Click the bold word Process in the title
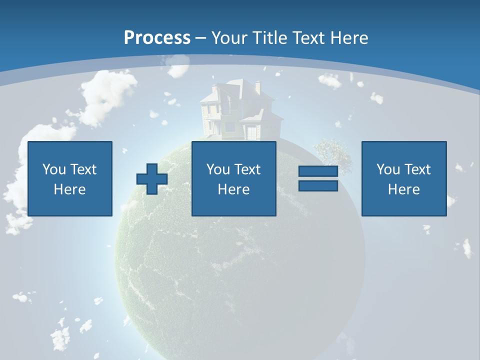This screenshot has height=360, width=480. (x=157, y=38)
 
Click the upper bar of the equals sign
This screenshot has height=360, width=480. (x=318, y=171)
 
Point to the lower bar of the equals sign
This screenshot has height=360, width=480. (x=318, y=186)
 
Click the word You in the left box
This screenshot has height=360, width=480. (x=54, y=169)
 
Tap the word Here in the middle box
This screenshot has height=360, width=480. (x=234, y=189)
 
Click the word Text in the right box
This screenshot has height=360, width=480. (x=418, y=169)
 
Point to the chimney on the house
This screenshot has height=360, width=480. (x=258, y=87)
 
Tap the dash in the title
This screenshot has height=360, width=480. (x=200, y=38)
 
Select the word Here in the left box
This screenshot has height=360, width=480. (x=70, y=189)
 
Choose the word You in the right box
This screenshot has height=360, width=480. (x=388, y=169)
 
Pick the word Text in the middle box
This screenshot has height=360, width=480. (x=248, y=169)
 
